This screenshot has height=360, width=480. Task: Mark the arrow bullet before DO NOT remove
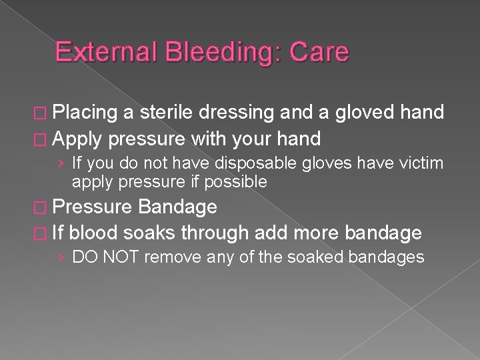[x=62, y=257]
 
